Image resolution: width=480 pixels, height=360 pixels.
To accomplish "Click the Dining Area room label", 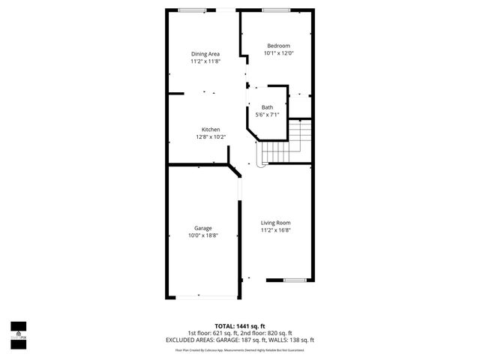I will pyautogui.click(x=205, y=54).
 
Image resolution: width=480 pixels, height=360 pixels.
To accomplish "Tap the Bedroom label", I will pyautogui.click(x=278, y=46).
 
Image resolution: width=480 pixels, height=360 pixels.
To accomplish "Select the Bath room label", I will pyautogui.click(x=267, y=107).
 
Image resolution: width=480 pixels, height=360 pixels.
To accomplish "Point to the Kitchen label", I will pyautogui.click(x=210, y=130).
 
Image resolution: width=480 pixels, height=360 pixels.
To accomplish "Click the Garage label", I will pyautogui.click(x=202, y=228).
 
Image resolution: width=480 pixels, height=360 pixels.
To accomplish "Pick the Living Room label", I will pyautogui.click(x=275, y=223).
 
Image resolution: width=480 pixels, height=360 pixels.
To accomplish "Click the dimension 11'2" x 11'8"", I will pyautogui.click(x=205, y=61).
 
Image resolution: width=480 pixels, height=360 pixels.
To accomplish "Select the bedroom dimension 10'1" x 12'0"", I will pyautogui.click(x=278, y=54).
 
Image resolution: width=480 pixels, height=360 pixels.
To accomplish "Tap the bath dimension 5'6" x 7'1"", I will pyautogui.click(x=267, y=115).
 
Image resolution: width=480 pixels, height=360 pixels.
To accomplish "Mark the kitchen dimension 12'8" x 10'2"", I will pyautogui.click(x=210, y=137).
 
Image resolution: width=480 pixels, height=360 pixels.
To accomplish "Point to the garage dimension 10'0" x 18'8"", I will pyautogui.click(x=202, y=235).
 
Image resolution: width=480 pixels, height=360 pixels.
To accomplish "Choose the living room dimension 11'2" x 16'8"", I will pyautogui.click(x=275, y=230).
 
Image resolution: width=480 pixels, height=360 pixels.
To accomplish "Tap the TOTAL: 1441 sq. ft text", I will pyautogui.click(x=239, y=326).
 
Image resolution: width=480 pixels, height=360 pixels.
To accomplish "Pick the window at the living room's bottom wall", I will pyautogui.click(x=295, y=280).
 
